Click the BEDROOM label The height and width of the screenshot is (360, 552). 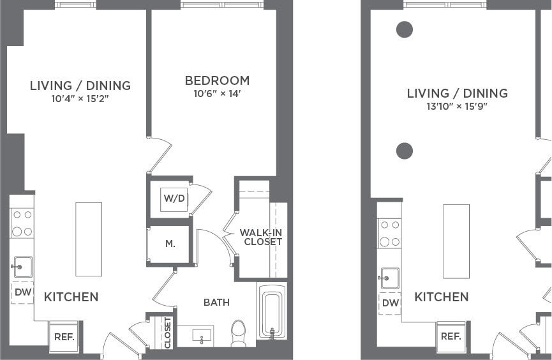[217, 81]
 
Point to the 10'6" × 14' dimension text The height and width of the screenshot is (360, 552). [217, 94]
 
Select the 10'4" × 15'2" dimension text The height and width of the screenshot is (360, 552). [80, 98]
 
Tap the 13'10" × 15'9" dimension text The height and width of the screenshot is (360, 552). [457, 107]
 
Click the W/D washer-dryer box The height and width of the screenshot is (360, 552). [174, 199]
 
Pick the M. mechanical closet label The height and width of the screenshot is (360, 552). [170, 244]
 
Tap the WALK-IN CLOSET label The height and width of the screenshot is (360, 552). [260, 237]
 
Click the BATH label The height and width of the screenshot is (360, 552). [216, 302]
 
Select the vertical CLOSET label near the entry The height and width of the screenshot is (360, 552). [168, 333]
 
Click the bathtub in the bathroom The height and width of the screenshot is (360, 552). [272, 313]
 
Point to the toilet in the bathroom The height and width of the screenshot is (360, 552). [238, 333]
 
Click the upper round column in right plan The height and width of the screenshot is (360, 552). [404, 29]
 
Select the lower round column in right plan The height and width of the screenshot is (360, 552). [404, 151]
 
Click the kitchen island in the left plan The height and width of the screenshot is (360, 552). [89, 239]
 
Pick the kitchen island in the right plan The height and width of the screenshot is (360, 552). [456, 241]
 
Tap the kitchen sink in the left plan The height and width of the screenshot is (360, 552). [22, 266]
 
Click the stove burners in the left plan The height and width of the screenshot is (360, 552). [22, 223]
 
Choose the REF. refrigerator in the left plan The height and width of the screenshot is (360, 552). [64, 337]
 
